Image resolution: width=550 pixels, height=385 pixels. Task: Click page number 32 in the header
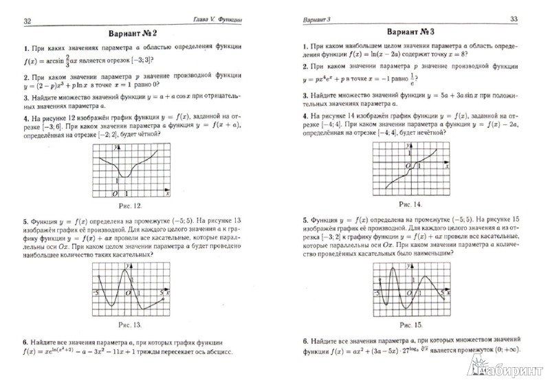coord(27,20)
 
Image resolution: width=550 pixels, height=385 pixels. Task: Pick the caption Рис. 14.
coord(409,204)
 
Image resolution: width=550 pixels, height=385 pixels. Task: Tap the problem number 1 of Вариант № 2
coord(25,49)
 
